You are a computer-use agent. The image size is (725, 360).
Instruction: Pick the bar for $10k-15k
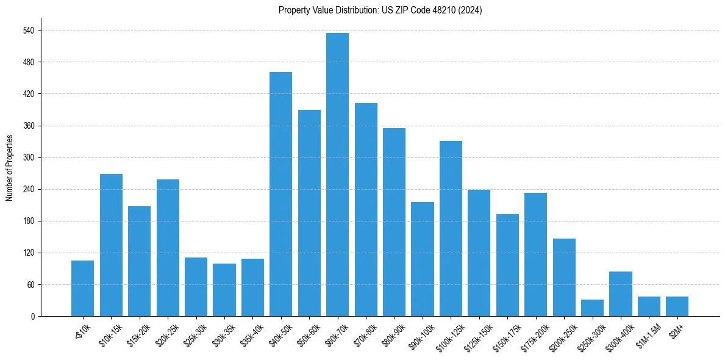click(111, 245)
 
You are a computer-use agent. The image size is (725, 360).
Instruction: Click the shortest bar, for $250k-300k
click(592, 308)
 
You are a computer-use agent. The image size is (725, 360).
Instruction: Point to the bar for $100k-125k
click(451, 228)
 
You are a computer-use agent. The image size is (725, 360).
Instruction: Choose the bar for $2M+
click(677, 306)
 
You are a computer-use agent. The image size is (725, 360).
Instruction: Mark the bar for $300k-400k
click(620, 294)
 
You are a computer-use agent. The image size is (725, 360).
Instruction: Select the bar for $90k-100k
click(422, 259)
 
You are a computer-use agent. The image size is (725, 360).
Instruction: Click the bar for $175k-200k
click(535, 254)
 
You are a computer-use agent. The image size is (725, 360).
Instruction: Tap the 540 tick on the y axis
click(29, 31)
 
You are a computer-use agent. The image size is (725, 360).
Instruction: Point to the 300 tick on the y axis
click(29, 157)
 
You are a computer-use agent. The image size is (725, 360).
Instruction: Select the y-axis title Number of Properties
click(10, 168)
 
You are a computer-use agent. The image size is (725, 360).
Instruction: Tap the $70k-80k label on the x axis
click(365, 335)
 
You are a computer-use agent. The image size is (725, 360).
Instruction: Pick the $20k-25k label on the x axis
click(167, 335)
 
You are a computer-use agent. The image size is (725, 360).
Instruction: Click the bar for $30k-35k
click(224, 290)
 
